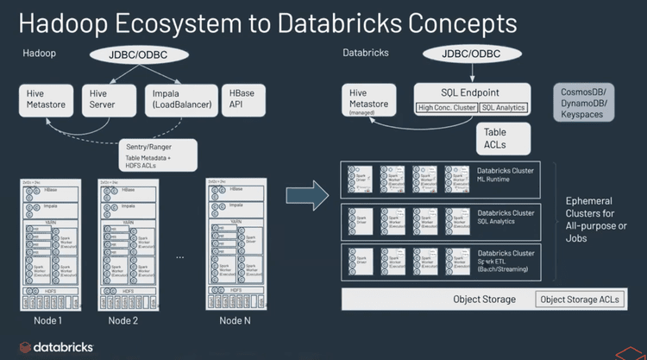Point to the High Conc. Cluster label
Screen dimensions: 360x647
[x=446, y=108]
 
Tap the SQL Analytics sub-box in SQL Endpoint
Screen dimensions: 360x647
[x=503, y=108]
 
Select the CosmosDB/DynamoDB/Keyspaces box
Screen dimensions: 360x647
[x=585, y=102]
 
